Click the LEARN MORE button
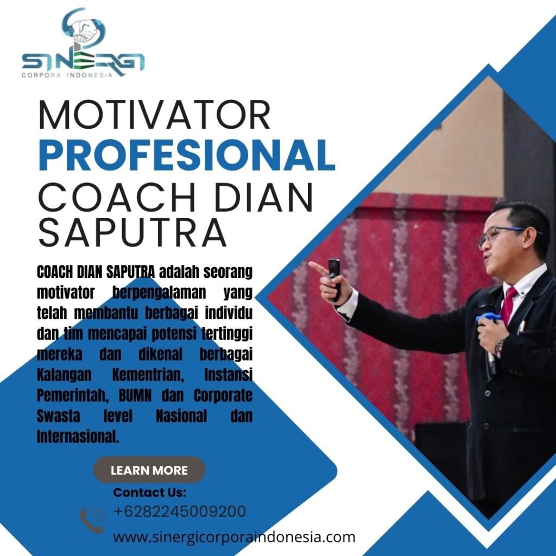pos(149,470)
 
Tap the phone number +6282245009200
pos(180,511)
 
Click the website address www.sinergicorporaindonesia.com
pos(234,537)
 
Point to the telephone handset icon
pos(93,520)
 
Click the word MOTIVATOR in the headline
pos(155,115)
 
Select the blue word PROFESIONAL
pos(187,155)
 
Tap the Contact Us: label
pos(149,492)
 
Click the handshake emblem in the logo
pos(84,29)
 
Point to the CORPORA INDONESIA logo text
pos(67,75)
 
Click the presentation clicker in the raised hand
pos(334,279)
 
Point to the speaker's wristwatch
pos(500,349)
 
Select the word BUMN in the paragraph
pos(135,395)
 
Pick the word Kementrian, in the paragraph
pos(148,375)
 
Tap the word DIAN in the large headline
pos(263,197)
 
